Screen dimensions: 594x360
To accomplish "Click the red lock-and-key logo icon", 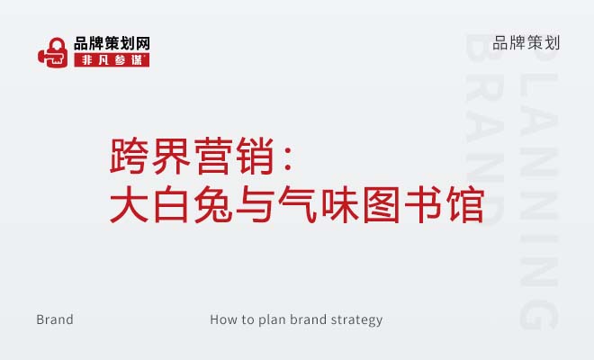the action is pos(53,52).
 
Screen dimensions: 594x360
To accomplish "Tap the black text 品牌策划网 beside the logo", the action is pos(112,43).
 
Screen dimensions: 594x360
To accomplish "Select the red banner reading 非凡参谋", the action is pos(112,60).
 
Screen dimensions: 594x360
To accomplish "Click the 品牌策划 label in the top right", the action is pos(526,43).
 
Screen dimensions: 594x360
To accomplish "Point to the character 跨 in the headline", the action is pos(129,156).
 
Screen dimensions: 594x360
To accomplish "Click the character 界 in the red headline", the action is pos(171,156).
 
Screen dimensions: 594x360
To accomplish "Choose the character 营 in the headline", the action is pos(213,156).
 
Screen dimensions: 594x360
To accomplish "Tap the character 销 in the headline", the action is pos(255,156).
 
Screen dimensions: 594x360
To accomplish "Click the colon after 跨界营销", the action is pos(288,159).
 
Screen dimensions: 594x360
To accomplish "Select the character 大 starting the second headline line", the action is pos(129,204).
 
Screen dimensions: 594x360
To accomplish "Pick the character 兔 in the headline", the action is pos(213,204).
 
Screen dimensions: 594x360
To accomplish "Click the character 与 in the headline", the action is pos(255,204).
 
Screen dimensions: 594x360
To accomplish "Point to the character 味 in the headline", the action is pos(340,204).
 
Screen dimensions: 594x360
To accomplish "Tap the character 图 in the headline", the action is pos(382,204).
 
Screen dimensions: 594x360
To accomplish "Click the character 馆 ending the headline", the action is pos(465,204).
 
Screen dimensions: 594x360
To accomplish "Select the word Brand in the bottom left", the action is pos(55,319).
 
